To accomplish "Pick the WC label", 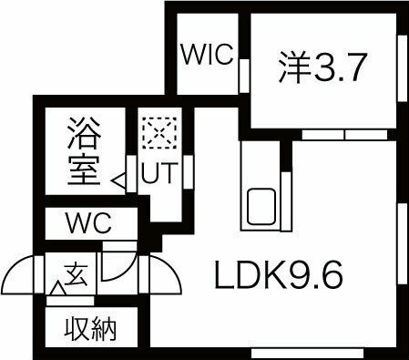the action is point(88,221).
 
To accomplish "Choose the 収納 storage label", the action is point(89,328).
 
